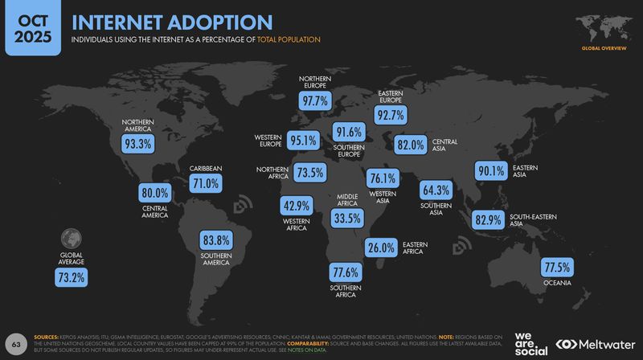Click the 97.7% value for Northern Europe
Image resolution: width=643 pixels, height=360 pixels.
coord(315,101)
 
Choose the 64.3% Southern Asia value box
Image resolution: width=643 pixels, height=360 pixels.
coord(436,190)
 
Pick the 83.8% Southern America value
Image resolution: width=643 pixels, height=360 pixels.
coord(216,239)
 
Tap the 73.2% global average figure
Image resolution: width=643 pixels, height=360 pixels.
coord(72,278)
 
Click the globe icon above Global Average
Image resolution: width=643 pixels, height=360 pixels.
coord(72,238)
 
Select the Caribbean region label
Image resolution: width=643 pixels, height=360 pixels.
coord(206,169)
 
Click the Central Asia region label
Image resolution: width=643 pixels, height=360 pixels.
coord(444,145)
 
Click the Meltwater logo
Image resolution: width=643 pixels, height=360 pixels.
coord(596,344)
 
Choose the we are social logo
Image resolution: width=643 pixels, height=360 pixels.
coord(530,343)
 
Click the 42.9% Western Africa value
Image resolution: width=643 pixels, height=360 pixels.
coord(297,206)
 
